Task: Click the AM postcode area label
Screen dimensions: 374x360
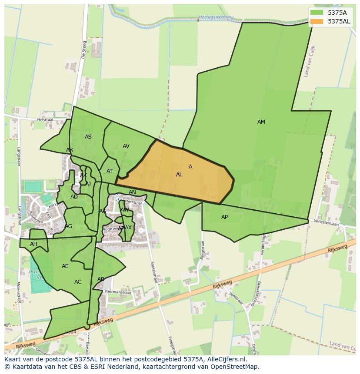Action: (261, 122)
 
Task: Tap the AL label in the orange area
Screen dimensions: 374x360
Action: (179, 175)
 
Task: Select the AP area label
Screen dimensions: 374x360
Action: (224, 217)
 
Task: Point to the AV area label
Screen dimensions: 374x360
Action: (126, 146)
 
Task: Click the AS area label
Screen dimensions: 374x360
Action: (88, 137)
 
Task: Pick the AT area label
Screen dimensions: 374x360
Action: (110, 171)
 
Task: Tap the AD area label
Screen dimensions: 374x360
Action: (74, 197)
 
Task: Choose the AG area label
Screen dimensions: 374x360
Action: (69, 226)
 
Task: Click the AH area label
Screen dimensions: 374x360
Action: (33, 244)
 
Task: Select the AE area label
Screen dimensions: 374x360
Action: (65, 266)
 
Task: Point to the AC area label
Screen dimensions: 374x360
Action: (78, 282)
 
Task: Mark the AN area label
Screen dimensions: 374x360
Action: (132, 192)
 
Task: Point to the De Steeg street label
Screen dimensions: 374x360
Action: (84, 50)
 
